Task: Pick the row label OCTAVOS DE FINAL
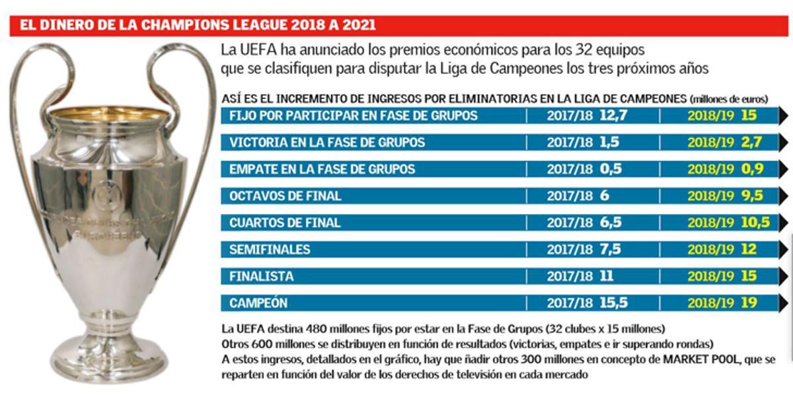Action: point(285,196)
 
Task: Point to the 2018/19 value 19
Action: point(748,303)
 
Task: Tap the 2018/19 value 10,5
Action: point(755,223)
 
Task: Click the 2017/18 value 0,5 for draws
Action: point(611,169)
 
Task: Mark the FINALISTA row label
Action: point(261,276)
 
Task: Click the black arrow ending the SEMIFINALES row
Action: point(784,250)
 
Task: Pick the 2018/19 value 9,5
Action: point(752,196)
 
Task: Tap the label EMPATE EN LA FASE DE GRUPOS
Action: point(322,169)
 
